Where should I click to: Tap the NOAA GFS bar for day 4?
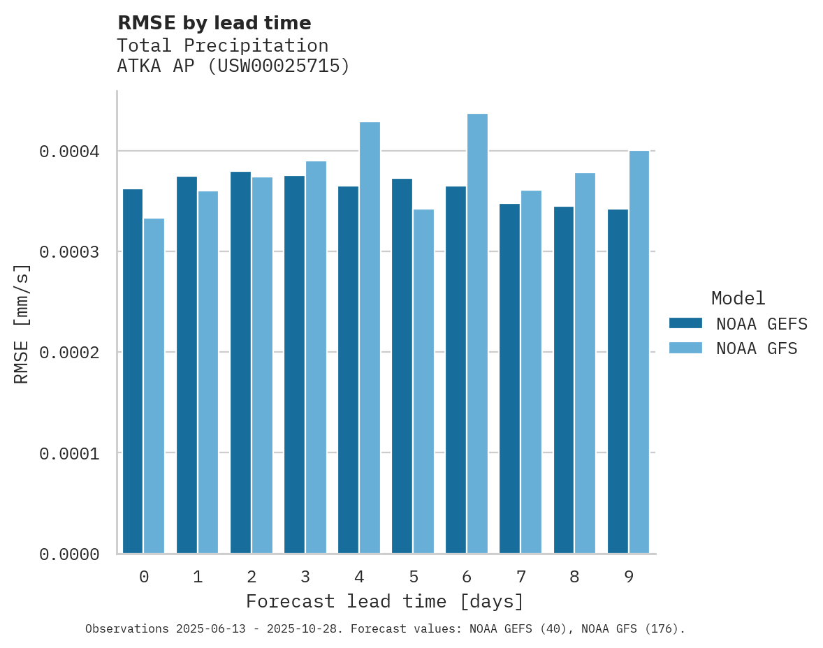pos(370,338)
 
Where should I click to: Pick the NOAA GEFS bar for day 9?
pos(618,381)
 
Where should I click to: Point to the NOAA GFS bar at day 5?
pos(423,381)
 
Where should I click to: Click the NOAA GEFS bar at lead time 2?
pos(240,362)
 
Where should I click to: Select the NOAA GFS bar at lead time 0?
pos(154,386)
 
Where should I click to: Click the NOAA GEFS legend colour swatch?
pos(685,323)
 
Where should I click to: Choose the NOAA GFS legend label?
pos(756,348)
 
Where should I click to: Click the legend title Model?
pos(738,298)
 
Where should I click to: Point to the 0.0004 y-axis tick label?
pos(68,152)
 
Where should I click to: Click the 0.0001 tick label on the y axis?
pos(68,454)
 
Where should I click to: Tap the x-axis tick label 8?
pos(574,577)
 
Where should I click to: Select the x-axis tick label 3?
pos(305,577)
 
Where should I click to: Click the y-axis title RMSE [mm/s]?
pos(22,323)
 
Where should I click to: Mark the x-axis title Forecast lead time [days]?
pos(385,601)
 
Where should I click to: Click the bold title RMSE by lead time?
pos(214,23)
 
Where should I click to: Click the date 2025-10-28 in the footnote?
pos(308,629)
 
